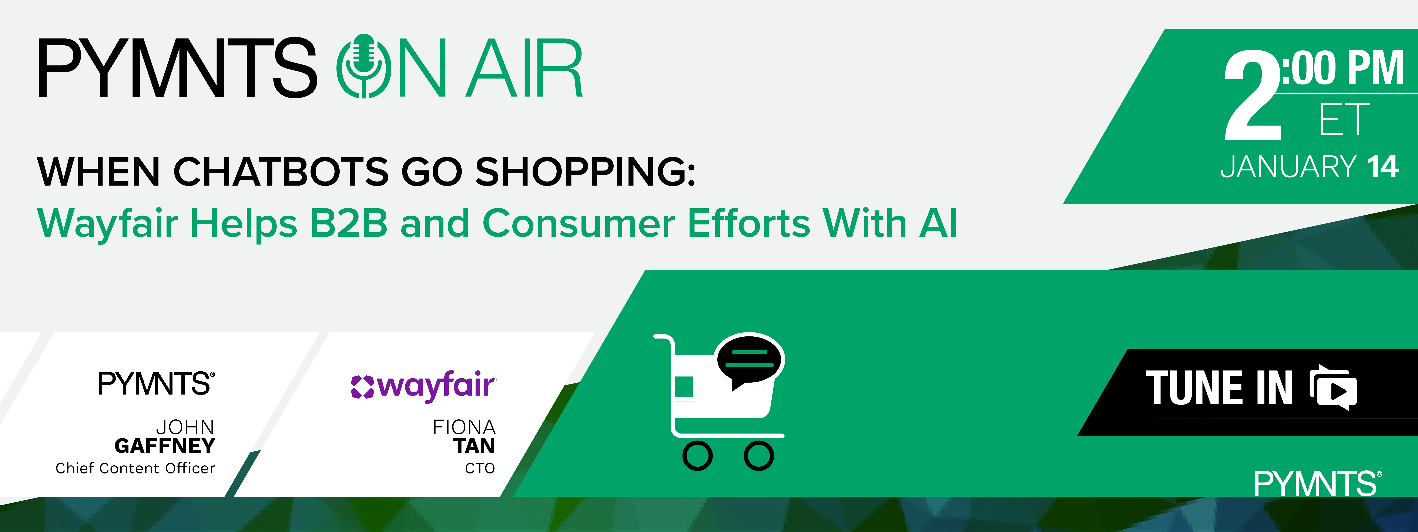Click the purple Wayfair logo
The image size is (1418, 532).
click(x=424, y=386)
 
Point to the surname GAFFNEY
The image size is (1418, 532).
click(x=165, y=446)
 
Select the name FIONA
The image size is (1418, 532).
click(x=464, y=427)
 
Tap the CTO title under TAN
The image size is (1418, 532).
click(x=480, y=469)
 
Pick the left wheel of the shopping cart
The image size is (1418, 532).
click(x=697, y=455)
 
